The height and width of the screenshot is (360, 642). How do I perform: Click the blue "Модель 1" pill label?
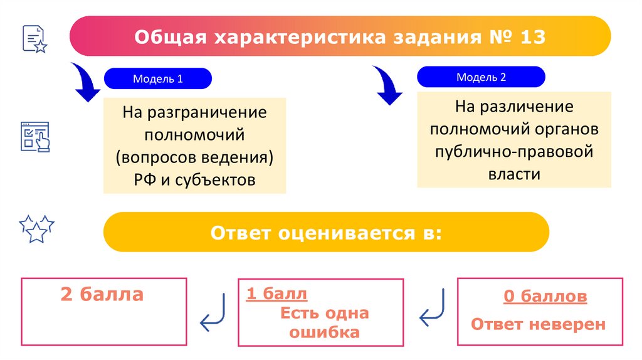click(157, 79)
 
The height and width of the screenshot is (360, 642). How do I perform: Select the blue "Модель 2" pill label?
click(481, 77)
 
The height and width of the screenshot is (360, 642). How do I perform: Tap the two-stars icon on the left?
click(36, 229)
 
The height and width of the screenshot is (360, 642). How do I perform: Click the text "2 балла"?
click(102, 294)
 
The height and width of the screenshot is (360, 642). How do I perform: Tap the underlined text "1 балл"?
click(276, 294)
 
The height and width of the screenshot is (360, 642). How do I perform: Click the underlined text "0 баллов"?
click(545, 296)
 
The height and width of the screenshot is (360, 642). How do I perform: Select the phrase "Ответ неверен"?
click(538, 324)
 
